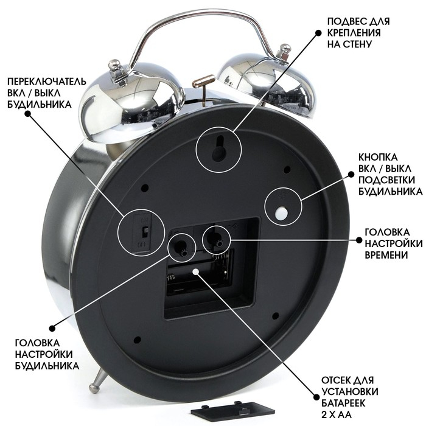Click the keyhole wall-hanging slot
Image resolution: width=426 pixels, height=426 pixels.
pyautogui.click(x=219, y=149)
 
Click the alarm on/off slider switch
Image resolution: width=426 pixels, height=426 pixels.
pyautogui.click(x=145, y=232)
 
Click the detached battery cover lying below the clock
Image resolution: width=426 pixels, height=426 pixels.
pyautogui.click(x=232, y=410)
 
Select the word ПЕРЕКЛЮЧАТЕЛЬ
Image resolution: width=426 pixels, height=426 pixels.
pyautogui.click(x=47, y=82)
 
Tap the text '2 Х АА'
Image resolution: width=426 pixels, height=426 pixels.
pyautogui.click(x=337, y=414)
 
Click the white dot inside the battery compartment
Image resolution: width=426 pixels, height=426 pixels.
pyautogui.click(x=195, y=271)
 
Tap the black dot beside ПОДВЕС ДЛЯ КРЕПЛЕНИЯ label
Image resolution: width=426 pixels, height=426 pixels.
pyautogui.click(x=318, y=33)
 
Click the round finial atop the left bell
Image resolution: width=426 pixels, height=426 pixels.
pyautogui.click(x=114, y=65)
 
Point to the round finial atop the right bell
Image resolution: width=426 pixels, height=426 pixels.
pyautogui.click(x=285, y=48)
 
